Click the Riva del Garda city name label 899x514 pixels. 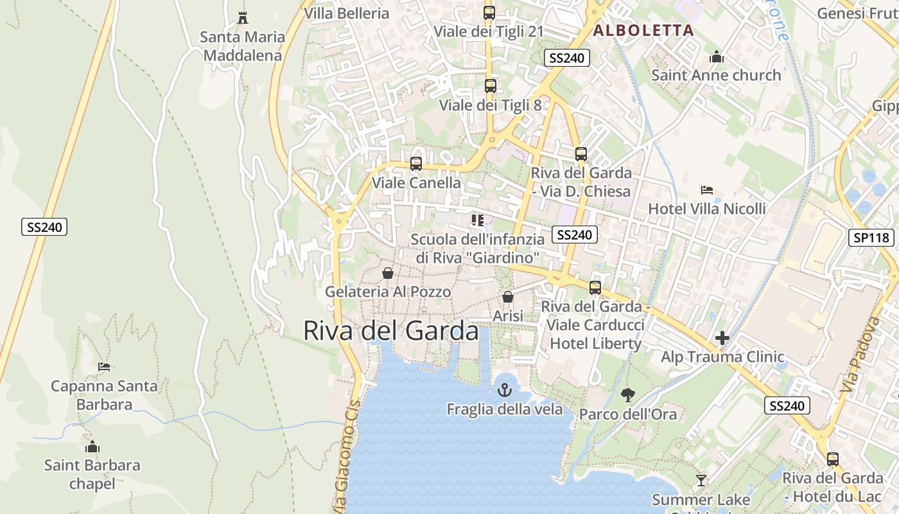390,331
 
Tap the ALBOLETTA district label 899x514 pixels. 643,30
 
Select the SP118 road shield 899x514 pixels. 871,238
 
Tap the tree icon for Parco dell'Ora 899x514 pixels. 628,395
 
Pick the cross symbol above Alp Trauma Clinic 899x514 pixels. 722,338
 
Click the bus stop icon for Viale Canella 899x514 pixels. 416,164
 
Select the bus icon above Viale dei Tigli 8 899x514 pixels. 491,86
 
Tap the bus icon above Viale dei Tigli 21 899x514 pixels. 489,13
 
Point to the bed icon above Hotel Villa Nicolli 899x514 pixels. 707,190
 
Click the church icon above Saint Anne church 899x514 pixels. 717,57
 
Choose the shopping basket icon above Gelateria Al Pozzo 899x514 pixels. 388,273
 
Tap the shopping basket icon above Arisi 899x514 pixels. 508,297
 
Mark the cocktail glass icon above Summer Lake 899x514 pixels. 701,481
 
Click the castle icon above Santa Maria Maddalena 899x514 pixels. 243,18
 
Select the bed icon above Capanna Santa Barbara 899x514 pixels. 104,367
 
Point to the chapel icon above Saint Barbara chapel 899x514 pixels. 92,447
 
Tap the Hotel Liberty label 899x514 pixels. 595,344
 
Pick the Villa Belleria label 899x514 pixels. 347,13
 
